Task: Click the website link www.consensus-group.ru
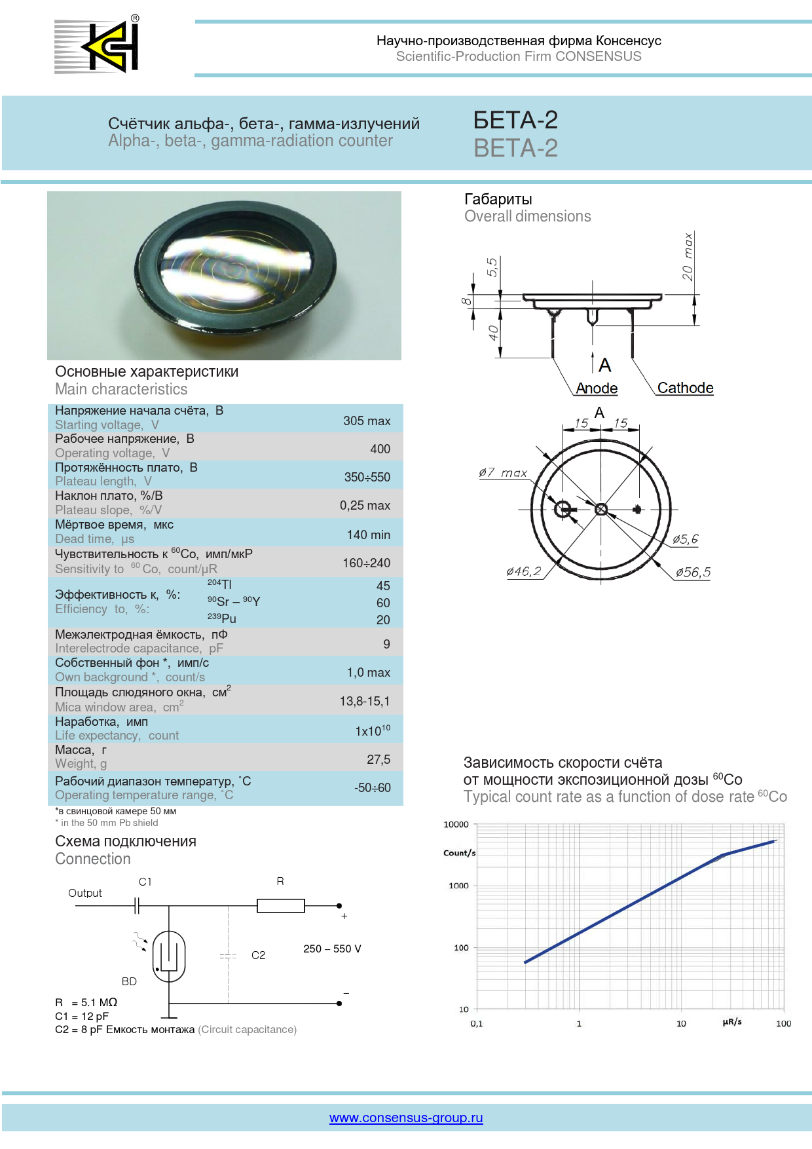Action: click(406, 1118)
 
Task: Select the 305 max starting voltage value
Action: click(367, 421)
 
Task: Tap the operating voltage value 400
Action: click(380, 449)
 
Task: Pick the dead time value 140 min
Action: click(368, 535)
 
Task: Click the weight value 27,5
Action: click(378, 759)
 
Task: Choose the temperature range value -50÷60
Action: click(373, 787)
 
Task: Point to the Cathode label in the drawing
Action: click(685, 388)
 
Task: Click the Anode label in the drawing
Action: click(597, 388)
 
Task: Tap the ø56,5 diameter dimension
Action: click(693, 572)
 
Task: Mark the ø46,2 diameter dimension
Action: click(524, 571)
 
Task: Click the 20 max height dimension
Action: click(687, 256)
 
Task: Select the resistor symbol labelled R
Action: click(281, 906)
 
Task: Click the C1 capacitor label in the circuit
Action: click(145, 882)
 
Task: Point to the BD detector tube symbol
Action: click(169, 956)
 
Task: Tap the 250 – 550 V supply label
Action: click(332, 949)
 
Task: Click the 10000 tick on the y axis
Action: click(456, 824)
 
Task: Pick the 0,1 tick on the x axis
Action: click(477, 1023)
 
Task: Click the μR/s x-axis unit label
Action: click(732, 1022)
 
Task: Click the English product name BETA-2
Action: click(515, 149)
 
